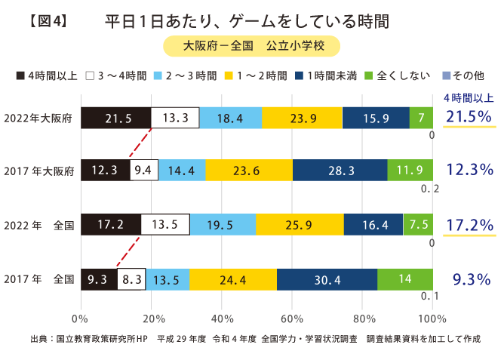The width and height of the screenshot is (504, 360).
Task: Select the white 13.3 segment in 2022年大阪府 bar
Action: pyautogui.click(x=175, y=118)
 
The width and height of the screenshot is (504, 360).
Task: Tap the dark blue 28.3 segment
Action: pyautogui.click(x=340, y=171)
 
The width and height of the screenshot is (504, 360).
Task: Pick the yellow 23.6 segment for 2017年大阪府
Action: pyautogui.click(x=249, y=171)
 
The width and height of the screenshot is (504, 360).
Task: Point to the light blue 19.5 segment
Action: pyautogui.click(x=223, y=226)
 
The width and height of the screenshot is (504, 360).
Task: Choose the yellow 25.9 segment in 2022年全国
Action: pyautogui.click(x=300, y=226)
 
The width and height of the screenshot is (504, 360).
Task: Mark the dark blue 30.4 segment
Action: pyautogui.click(x=322, y=279)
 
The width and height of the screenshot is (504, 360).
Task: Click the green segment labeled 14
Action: pyautogui.click(x=405, y=279)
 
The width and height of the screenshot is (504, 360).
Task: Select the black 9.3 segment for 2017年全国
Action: pyautogui.click(x=98, y=279)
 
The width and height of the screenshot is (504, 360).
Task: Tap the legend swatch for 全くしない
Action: pyautogui.click(x=369, y=75)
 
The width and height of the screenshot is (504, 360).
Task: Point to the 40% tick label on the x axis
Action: pyautogui.click(x=221, y=317)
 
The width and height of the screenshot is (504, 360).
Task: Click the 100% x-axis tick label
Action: pyautogui.click(x=432, y=317)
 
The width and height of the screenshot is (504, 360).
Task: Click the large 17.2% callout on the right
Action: pyautogui.click(x=469, y=225)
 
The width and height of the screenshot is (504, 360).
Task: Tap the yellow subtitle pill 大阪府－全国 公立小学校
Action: pyautogui.click(x=252, y=46)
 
